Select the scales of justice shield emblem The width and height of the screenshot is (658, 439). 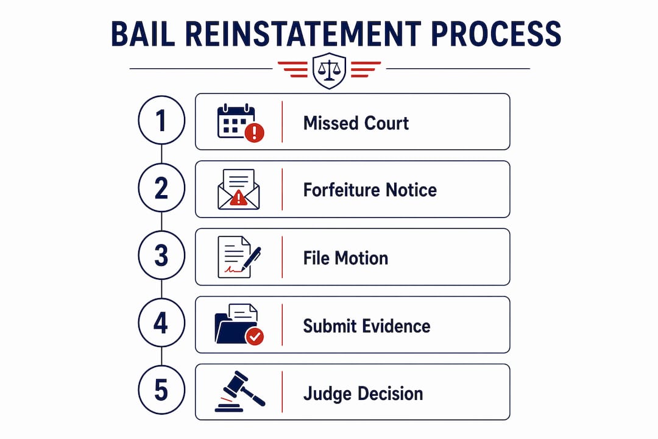(x=330, y=70)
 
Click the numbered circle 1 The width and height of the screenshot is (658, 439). (x=161, y=120)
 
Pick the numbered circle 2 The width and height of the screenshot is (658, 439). (x=161, y=188)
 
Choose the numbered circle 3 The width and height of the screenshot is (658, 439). (x=161, y=255)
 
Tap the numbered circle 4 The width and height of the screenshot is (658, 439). (x=161, y=323)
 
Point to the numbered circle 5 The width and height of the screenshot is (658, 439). (x=161, y=390)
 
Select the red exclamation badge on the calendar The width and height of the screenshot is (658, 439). (x=254, y=132)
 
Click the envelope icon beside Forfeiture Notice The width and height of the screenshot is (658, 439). (x=239, y=189)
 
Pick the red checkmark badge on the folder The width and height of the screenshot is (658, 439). (x=254, y=336)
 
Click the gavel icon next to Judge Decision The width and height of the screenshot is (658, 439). (x=240, y=391)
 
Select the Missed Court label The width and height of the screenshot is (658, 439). (x=356, y=123)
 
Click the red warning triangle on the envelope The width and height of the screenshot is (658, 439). (x=238, y=198)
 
